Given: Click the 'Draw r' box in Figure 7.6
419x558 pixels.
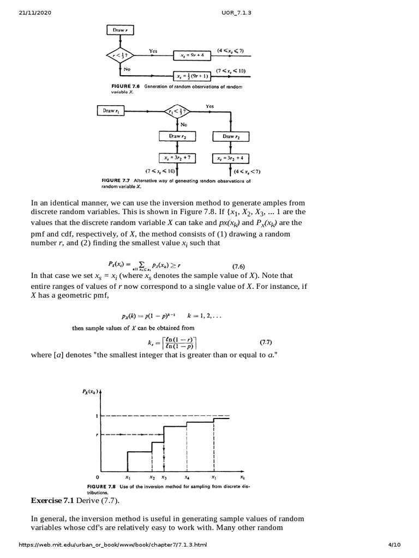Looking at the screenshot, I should click(119, 31).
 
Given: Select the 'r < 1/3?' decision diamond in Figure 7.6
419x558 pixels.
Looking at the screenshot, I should click(119, 56).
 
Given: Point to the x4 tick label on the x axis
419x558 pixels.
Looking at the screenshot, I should click(187, 477).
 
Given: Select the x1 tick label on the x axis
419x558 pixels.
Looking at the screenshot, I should click(127, 477).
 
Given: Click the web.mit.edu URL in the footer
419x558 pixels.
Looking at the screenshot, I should click(113, 545).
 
